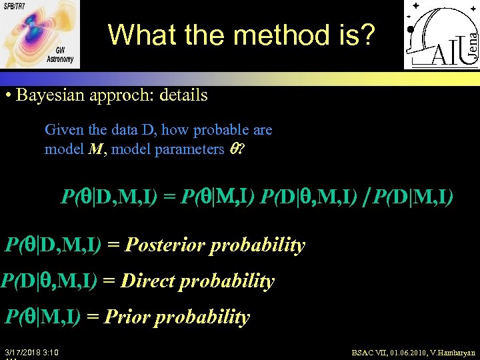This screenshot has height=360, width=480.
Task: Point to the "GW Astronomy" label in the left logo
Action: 61,55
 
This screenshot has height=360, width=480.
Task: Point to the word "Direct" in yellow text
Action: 153,281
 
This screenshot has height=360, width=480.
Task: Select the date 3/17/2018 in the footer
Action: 24,351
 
